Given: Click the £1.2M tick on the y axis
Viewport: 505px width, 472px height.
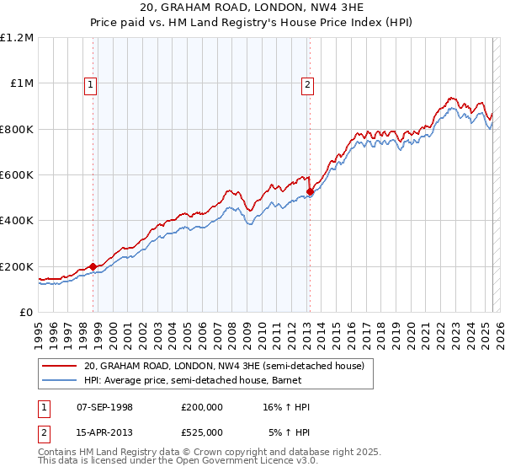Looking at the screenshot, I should tap(17, 38).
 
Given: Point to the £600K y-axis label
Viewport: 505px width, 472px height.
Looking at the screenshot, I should tap(17, 175).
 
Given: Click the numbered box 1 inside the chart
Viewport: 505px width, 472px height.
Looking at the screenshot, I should tap(90, 84).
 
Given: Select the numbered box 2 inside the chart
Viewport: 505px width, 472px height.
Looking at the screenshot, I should tap(308, 84).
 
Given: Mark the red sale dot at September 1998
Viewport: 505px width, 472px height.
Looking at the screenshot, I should tap(93, 266).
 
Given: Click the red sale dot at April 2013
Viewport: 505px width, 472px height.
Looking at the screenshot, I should tap(310, 192).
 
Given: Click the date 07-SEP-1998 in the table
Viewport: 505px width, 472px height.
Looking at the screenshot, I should tap(104, 407).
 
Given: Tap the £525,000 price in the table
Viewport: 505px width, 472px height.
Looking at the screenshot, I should tap(201, 432).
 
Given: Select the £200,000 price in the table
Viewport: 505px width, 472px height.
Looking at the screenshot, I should tap(201, 407).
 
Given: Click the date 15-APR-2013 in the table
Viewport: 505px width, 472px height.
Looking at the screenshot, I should tap(104, 432).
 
